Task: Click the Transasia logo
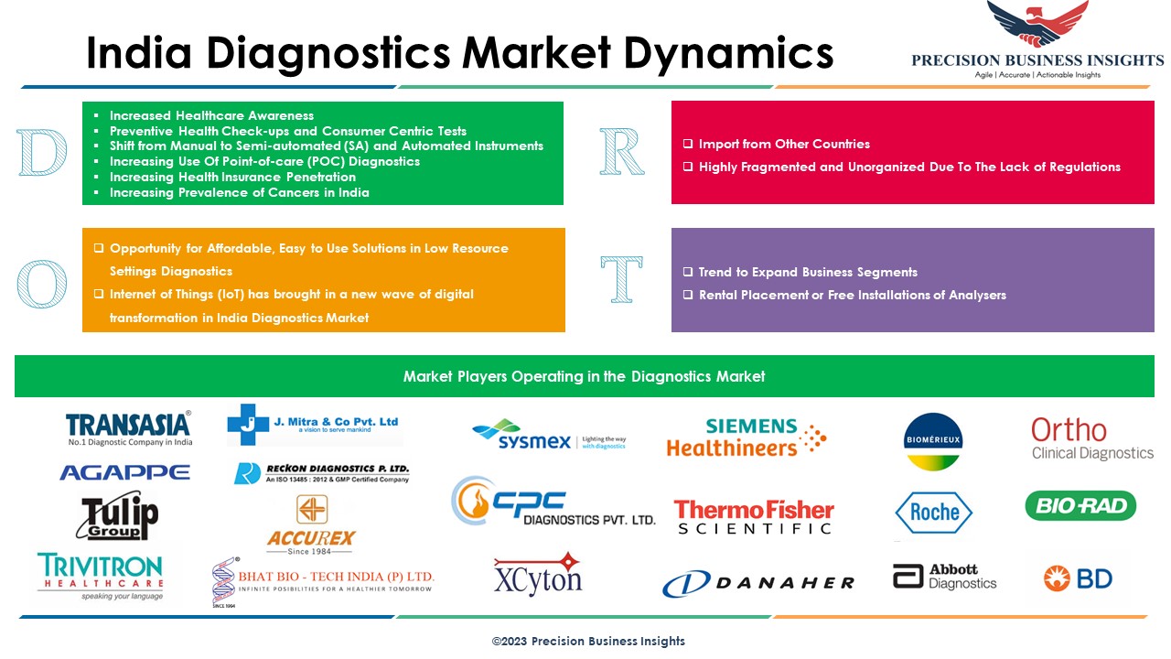[128, 427]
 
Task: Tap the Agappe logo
[124, 472]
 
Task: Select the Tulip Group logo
[119, 518]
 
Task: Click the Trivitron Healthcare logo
[100, 576]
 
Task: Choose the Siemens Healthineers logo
[746, 438]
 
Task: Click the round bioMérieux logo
[932, 440]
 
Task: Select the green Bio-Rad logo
[1080, 505]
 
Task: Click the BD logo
[1078, 578]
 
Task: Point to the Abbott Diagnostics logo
[944, 577]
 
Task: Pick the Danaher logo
[758, 582]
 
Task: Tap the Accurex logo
[311, 525]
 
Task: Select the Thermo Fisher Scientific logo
[754, 516]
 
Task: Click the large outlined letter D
[43, 154]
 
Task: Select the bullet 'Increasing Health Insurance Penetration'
[232, 177]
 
